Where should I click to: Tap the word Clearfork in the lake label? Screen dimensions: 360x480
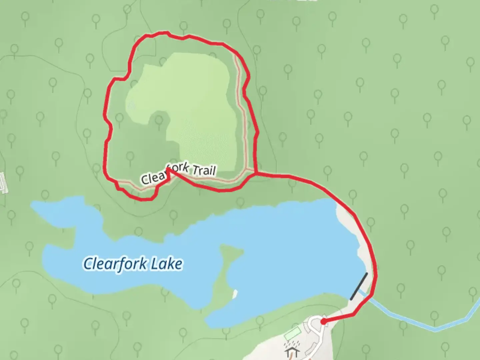[115, 263]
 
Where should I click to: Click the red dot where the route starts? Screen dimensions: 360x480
[323, 321]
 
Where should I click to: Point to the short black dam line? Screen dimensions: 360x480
[359, 286]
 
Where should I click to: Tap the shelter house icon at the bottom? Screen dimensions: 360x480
[291, 352]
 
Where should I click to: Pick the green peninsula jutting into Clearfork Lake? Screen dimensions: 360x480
[227, 267]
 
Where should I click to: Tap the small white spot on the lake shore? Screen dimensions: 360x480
[235, 293]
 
